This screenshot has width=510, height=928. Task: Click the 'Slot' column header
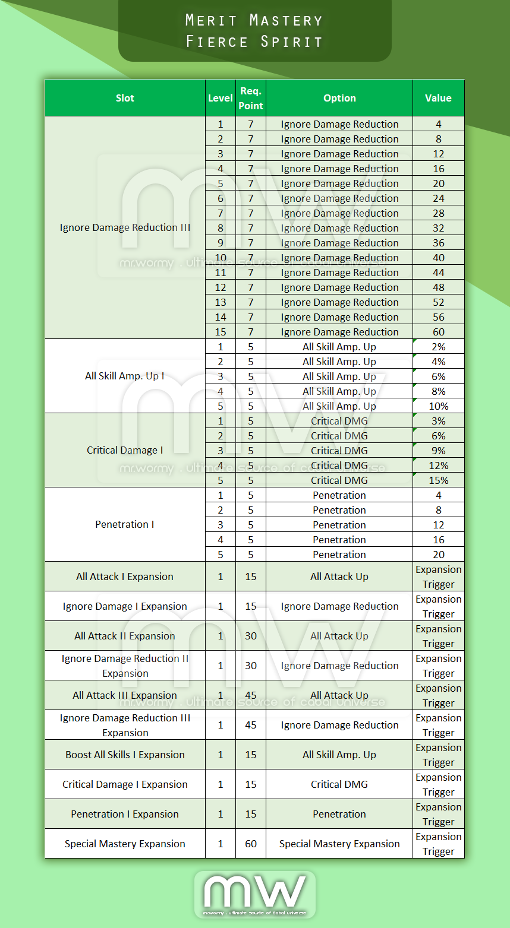point(125,98)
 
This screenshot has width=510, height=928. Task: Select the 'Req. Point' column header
point(250,98)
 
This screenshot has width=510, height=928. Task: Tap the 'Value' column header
point(438,98)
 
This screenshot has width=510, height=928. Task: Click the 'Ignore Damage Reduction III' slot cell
point(125,227)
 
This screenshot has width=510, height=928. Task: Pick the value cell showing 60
point(439,332)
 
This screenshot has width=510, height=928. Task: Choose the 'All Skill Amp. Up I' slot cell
point(125,376)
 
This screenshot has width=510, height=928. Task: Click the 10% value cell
point(439,406)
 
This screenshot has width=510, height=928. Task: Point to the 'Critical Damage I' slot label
point(125,450)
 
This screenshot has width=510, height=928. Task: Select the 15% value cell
point(439,480)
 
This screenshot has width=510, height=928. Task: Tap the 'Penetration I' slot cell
point(125,524)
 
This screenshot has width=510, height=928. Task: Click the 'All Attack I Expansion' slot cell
point(125,577)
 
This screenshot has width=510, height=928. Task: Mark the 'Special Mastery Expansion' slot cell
point(125,844)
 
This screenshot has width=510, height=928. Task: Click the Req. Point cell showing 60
point(251,844)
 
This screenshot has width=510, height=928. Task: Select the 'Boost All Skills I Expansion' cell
point(125,755)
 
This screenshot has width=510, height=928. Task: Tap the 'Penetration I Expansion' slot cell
point(125,814)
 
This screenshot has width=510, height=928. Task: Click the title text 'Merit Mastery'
point(254,20)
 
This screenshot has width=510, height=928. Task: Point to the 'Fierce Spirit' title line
point(254,42)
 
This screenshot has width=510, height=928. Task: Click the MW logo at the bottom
point(255,894)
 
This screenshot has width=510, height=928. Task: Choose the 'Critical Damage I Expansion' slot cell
point(125,784)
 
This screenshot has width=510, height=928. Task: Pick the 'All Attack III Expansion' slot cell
point(125,695)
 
